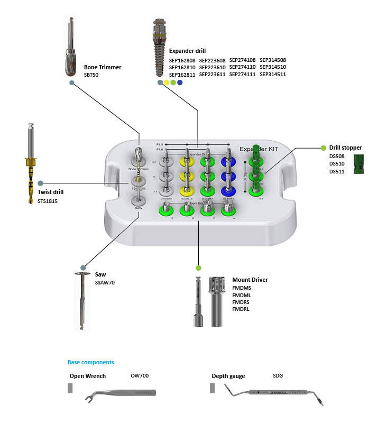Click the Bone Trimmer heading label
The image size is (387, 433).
pos(103,67)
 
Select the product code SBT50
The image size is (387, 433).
pos(91,75)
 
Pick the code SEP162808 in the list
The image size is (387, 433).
pos(182,60)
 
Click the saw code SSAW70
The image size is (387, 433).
pos(105,283)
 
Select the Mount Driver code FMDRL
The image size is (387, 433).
pos(241,309)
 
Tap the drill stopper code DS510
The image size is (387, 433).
pos(337,164)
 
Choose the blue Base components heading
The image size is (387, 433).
pos(90,362)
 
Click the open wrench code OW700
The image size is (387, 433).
pos(140,376)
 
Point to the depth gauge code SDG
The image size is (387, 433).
pos(278,376)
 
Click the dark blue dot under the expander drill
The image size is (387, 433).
pos(180,82)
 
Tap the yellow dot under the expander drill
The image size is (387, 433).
pos(167,82)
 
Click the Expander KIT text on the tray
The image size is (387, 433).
pos(259,149)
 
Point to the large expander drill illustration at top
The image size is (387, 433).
pos(159,48)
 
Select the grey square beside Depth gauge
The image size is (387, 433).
pos(213,389)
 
